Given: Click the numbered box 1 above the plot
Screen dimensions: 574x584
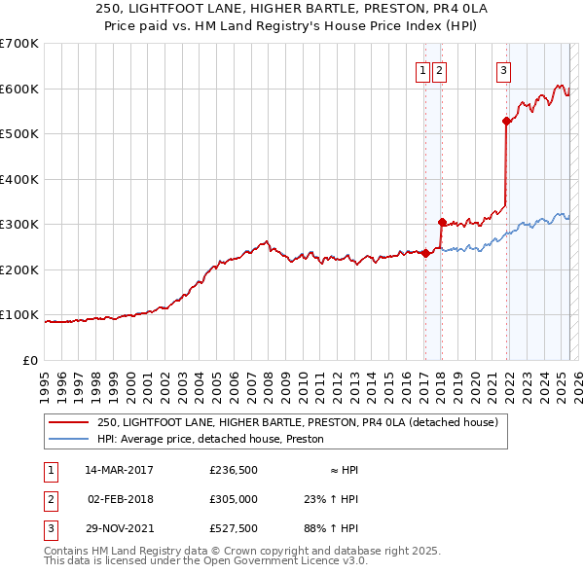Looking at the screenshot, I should point(424,69).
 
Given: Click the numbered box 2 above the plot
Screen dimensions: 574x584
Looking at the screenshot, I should point(439,69).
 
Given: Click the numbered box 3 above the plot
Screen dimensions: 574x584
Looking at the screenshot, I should point(503,69).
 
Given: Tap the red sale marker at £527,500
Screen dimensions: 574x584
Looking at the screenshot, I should point(506,121).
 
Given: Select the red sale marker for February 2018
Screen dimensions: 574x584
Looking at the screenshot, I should point(441,222).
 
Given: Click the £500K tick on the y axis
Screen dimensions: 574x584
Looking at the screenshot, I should point(20,134).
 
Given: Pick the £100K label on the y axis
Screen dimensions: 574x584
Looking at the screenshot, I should point(20,315).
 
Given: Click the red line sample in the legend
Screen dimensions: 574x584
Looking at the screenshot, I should point(68,422).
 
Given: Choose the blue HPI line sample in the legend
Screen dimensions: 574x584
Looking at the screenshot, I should point(68,439).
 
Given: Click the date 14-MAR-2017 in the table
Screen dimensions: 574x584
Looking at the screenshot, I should point(119,470).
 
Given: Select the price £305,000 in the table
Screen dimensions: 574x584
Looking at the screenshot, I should point(234,499).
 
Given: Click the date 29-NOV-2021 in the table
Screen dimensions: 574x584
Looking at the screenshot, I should point(119,528).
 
